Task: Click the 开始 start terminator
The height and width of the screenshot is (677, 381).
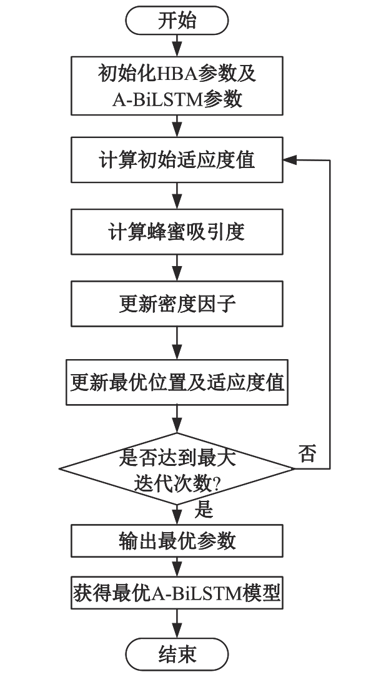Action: point(177,21)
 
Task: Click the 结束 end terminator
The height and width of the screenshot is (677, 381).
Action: point(177,654)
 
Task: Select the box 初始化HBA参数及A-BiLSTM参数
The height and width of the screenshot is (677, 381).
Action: point(177,86)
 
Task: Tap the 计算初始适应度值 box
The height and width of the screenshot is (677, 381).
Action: point(177,160)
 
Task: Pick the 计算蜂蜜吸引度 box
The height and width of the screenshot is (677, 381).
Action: point(177,232)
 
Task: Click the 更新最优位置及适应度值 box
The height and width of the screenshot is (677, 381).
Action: point(177,382)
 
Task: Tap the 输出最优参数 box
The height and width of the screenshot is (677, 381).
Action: point(177,540)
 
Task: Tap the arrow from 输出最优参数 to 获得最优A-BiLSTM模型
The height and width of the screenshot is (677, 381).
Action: point(177,567)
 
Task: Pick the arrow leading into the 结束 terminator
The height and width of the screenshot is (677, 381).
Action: point(177,623)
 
